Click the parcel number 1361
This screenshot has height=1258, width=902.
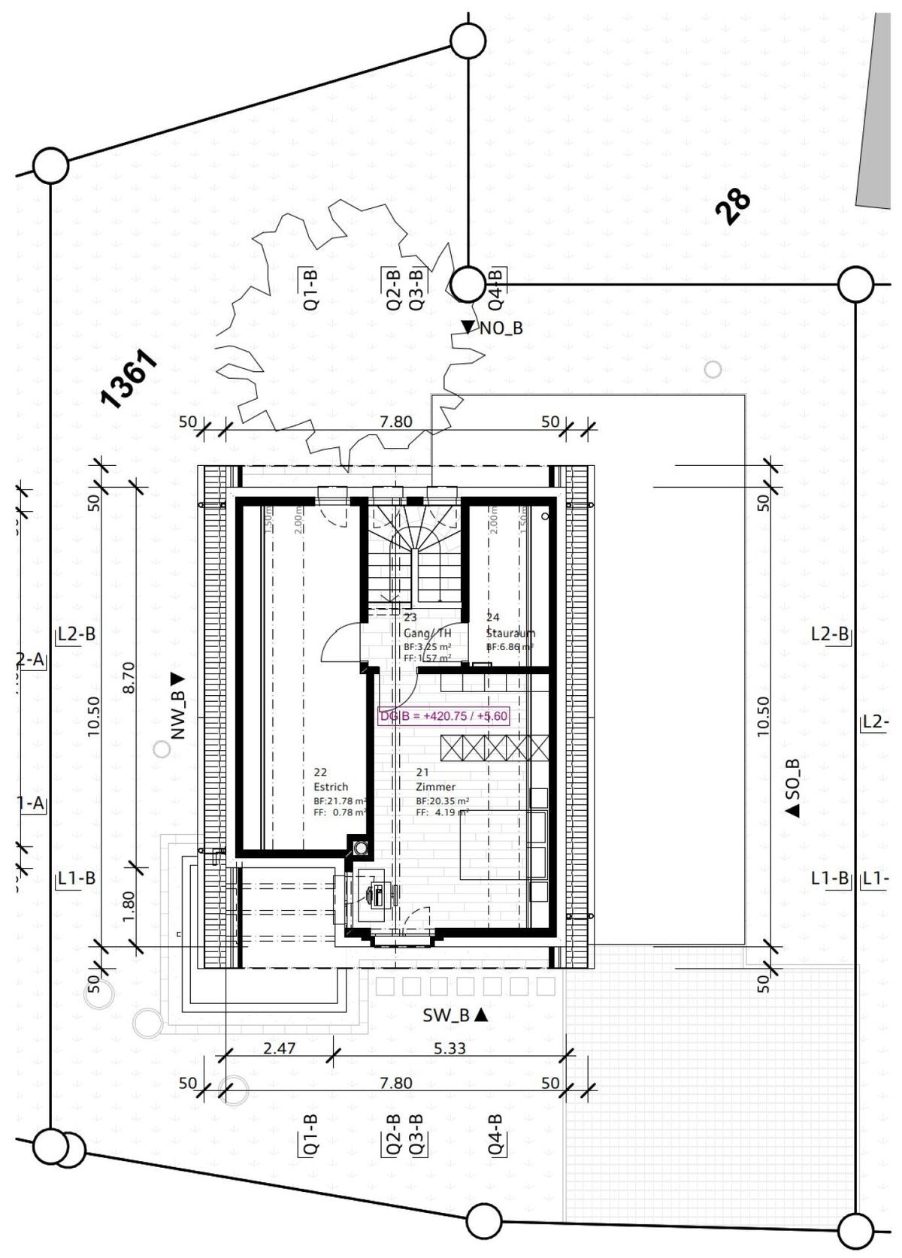click(129, 380)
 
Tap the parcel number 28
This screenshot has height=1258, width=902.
click(733, 206)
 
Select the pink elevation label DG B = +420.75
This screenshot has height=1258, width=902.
click(444, 716)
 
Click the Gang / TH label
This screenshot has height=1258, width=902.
click(428, 633)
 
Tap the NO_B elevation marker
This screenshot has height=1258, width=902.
click(492, 328)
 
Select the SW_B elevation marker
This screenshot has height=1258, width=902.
click(456, 1015)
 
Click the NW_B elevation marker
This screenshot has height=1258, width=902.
click(177, 707)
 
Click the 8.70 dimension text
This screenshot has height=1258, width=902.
click(128, 677)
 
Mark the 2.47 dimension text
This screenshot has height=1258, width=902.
click(280, 1048)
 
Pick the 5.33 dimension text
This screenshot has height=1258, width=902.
click(449, 1048)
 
